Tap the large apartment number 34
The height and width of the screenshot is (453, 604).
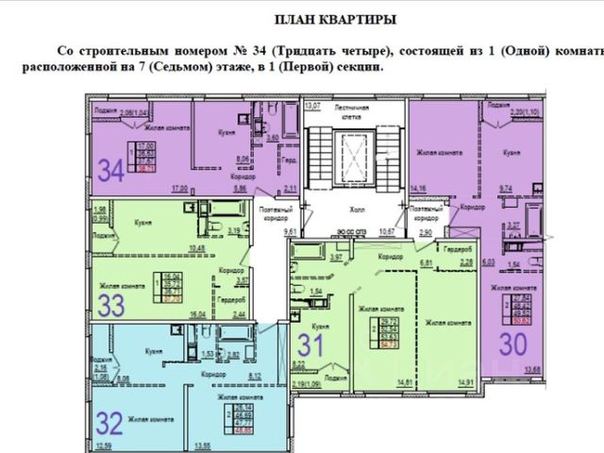[112, 171]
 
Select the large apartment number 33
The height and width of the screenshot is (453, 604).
[112, 304]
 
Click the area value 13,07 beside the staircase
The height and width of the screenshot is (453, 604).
[312, 105]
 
